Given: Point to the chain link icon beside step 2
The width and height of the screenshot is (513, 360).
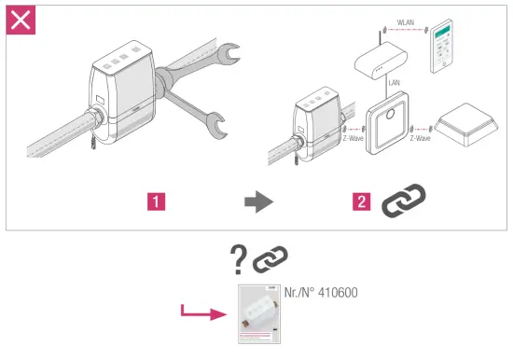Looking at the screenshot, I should point(403,199).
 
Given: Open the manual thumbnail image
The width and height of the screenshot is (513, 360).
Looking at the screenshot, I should point(259,314).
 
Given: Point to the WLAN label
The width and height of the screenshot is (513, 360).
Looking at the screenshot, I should point(407,20).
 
